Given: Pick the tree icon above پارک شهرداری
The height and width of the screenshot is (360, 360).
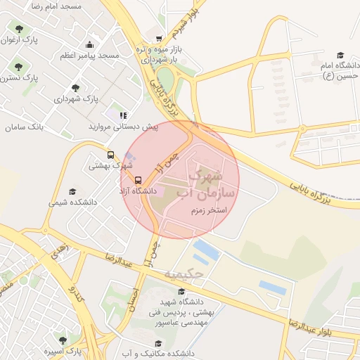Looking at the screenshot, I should (75, 88).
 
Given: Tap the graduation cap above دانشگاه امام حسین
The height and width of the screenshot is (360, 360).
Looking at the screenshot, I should (340, 55).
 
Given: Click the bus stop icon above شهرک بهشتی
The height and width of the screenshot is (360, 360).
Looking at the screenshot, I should (110, 155).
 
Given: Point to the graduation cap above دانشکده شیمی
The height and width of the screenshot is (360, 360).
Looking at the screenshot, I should (72, 191).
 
